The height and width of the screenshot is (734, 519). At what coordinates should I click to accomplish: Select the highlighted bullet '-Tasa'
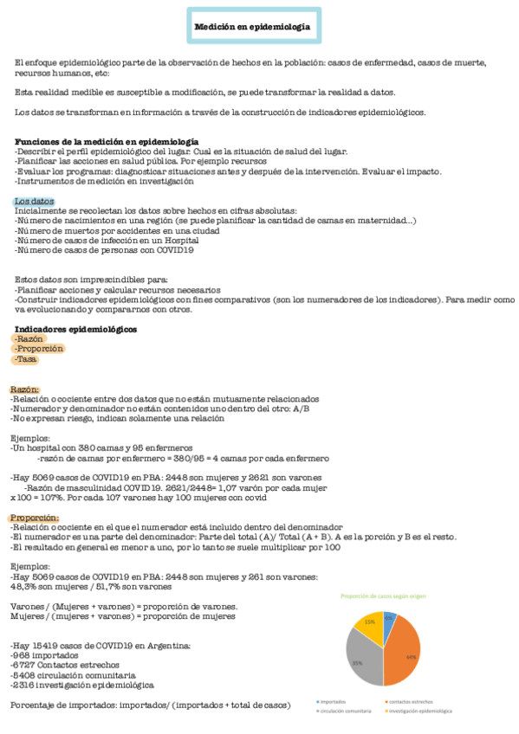tap(25, 359)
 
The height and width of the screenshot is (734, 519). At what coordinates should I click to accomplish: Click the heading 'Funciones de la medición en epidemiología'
tap(107, 141)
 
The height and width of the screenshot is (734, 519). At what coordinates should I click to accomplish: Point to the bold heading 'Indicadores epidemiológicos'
tap(76, 329)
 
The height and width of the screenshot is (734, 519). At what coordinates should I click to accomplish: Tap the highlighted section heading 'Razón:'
tap(25, 390)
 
